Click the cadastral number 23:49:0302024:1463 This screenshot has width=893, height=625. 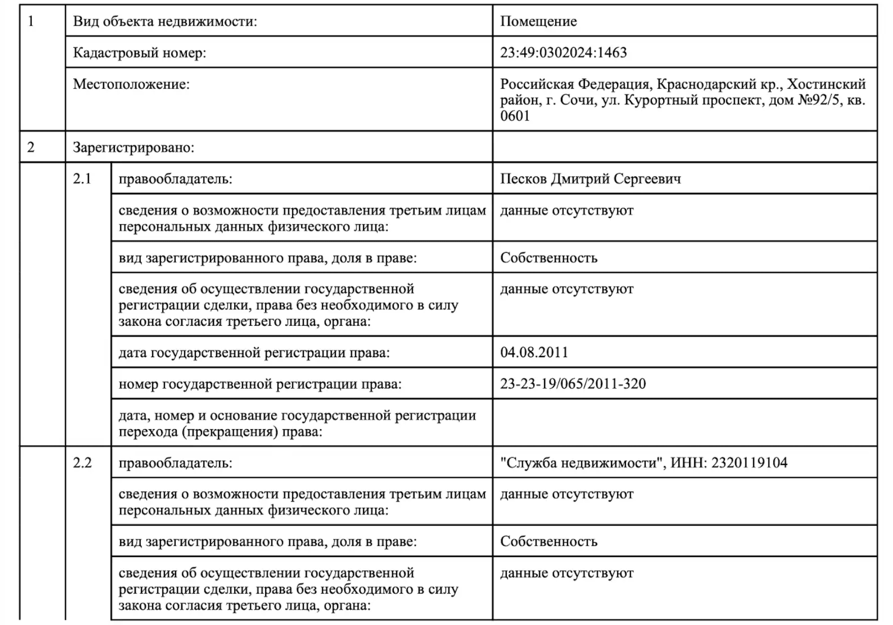click(563, 52)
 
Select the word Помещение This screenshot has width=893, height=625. click(538, 21)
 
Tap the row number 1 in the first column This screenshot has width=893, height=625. click(31, 21)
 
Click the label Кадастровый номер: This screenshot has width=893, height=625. click(139, 52)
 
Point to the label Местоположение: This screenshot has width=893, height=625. click(131, 84)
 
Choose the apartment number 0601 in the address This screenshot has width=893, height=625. click(515, 116)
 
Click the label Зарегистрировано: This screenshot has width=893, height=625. click(133, 147)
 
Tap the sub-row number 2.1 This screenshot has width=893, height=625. click(82, 179)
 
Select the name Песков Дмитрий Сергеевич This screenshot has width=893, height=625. click(590, 179)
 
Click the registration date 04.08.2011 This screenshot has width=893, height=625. click(534, 352)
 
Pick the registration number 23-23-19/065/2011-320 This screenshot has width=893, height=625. click(573, 384)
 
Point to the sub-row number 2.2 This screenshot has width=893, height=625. click(82, 463)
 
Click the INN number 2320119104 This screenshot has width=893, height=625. click(749, 463)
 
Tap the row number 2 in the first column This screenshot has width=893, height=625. click(31, 147)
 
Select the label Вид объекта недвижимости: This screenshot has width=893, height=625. click(165, 21)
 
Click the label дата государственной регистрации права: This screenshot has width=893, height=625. click(254, 353)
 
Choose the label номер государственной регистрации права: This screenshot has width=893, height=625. click(260, 384)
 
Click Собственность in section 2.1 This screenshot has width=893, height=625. click(549, 258)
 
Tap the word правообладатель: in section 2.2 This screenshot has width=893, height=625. click(175, 463)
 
